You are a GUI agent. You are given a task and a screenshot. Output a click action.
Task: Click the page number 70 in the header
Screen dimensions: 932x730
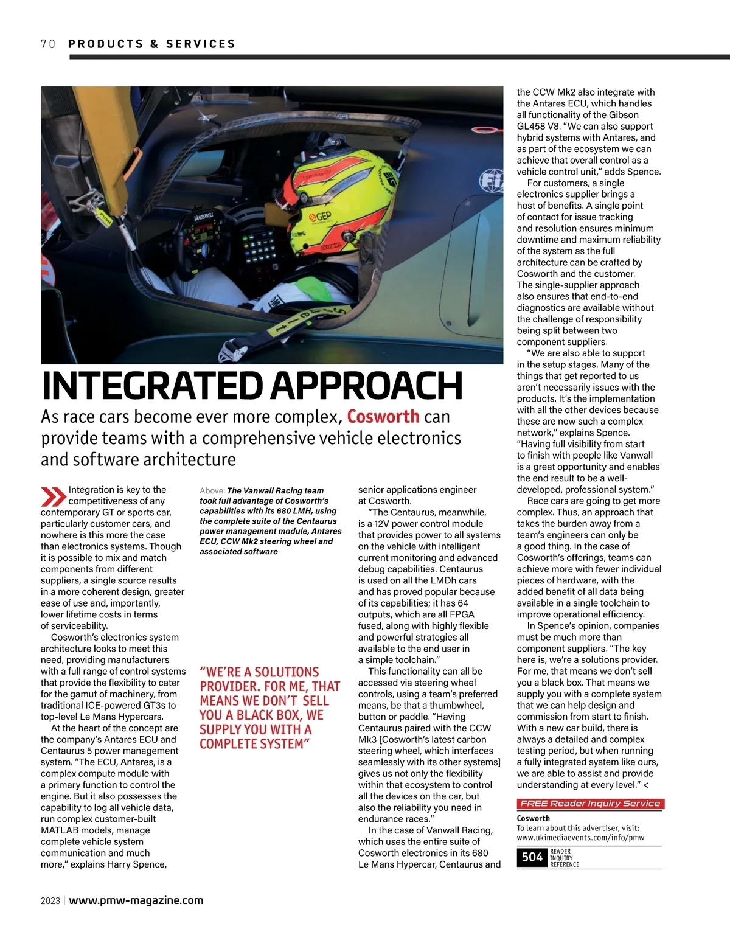tap(48, 44)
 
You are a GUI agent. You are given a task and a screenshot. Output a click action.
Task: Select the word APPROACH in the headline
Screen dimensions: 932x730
tap(366, 385)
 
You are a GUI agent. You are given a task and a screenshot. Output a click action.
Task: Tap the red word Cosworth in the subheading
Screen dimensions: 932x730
tap(383, 417)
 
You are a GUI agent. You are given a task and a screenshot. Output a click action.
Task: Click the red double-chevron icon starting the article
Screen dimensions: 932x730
tap(54, 496)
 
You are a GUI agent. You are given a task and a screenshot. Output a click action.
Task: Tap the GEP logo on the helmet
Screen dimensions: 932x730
tap(322, 216)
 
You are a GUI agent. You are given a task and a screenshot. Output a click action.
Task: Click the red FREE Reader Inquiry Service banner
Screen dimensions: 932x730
tap(589, 804)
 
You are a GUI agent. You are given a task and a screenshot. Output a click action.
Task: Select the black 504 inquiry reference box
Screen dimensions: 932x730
tap(532, 857)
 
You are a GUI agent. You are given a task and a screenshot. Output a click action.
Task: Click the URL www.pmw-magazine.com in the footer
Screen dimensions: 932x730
tap(136, 900)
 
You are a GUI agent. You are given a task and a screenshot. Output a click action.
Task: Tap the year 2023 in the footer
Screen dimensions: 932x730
tap(50, 901)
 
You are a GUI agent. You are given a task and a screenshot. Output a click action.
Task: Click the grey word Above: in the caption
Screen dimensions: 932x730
tap(212, 491)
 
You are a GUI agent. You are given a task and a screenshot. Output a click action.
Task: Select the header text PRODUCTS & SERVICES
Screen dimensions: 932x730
tap(151, 44)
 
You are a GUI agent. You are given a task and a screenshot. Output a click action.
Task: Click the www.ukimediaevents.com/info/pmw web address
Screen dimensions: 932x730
tap(580, 837)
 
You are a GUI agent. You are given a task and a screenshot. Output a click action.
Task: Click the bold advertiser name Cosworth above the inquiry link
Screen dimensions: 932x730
tap(533, 818)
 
